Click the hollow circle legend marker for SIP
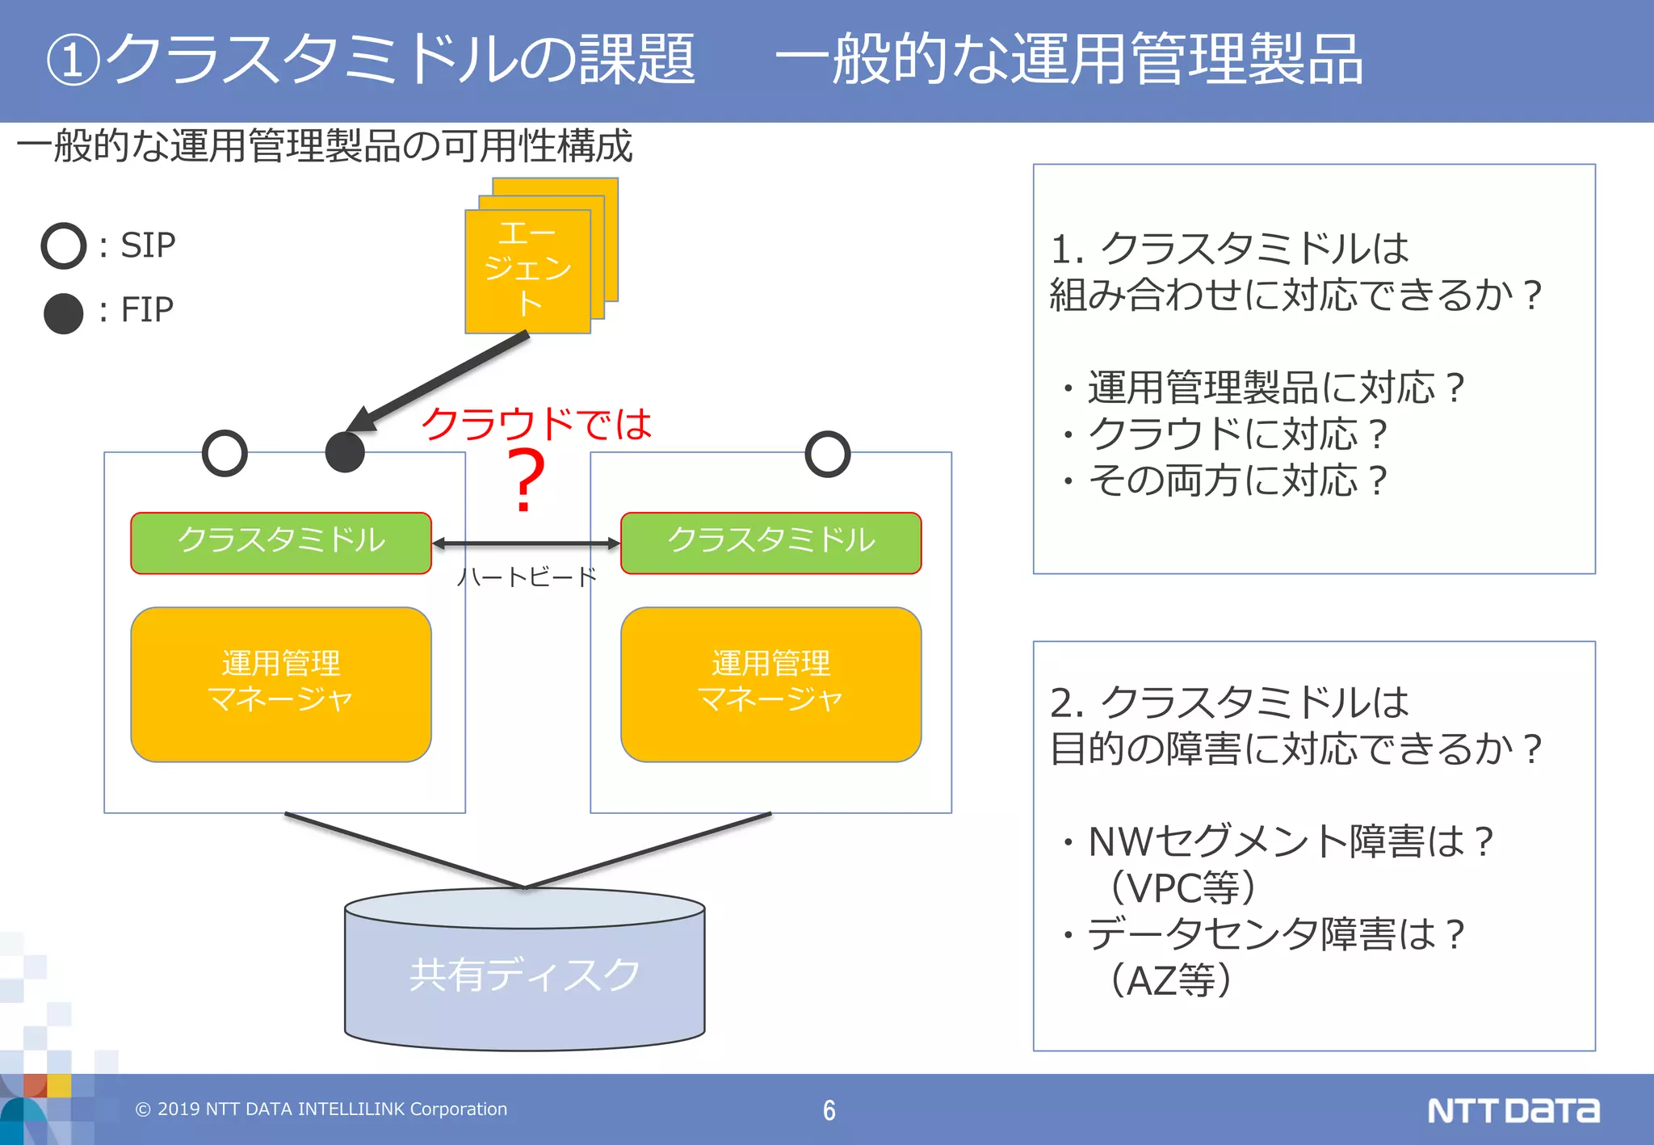[63, 245]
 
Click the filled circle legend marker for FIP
[63, 313]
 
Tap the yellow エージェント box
[527, 271]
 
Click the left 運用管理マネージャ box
[281, 684]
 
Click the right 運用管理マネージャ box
[770, 684]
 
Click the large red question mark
[526, 481]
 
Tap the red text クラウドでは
[536, 423]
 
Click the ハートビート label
[527, 577]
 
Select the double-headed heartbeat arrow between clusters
[527, 544]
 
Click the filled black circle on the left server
[345, 452]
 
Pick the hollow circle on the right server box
[827, 454]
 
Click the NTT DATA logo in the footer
[1513, 1110]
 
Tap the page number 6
[829, 1110]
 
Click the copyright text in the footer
[321, 1109]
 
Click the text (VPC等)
[1183, 887]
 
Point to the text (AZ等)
[1171, 980]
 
